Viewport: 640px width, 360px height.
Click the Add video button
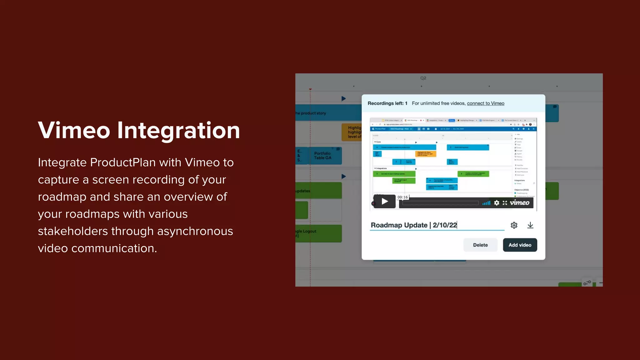[x=520, y=245]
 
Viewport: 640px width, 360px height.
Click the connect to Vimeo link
[x=485, y=103]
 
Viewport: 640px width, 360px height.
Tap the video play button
[x=385, y=202]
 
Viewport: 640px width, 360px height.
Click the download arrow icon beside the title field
[x=530, y=225]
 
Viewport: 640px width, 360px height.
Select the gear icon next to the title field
[x=514, y=225]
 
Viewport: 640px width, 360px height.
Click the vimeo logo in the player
[x=519, y=203]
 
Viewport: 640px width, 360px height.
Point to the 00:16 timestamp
[x=402, y=197]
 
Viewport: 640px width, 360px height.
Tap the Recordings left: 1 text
[x=387, y=103]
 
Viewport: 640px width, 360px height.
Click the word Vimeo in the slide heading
[x=74, y=130]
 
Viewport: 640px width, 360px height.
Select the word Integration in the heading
[x=178, y=130]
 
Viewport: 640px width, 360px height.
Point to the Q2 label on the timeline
[x=423, y=78]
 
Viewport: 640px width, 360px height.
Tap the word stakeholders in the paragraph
[x=73, y=232]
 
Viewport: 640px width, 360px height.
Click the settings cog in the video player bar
[x=497, y=203]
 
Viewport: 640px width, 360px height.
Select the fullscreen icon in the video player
[x=505, y=203]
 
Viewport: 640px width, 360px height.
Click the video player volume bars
[x=486, y=203]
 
